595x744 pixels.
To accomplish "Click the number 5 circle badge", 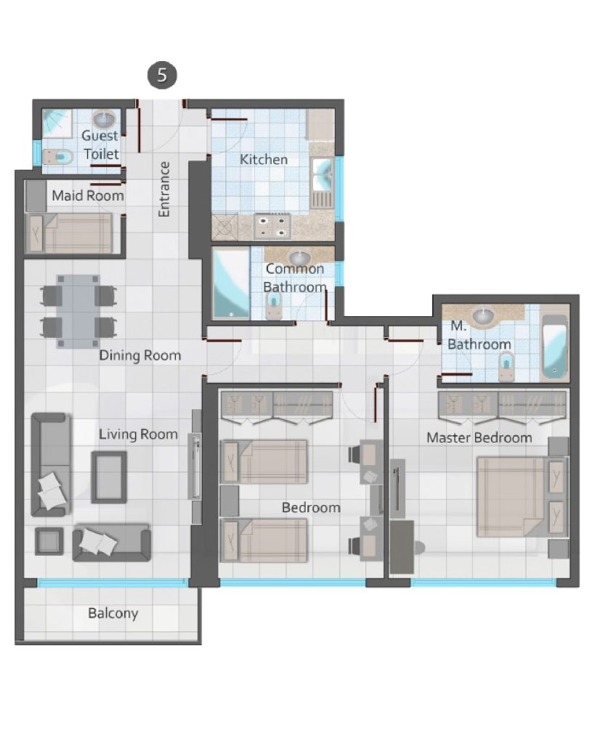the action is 162,75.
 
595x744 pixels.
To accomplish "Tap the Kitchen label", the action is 263,159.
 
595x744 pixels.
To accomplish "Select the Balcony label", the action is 113,613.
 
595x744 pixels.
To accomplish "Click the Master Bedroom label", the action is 479,437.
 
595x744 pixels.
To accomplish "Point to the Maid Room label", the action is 88,195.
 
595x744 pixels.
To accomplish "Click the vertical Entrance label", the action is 163,190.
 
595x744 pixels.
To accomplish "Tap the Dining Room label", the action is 140,355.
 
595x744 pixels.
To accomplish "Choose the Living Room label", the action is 138,434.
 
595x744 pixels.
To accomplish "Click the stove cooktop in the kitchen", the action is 272,227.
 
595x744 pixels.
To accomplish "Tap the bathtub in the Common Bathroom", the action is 231,284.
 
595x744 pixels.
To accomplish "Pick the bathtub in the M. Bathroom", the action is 554,347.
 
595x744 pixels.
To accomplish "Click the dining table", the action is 78,312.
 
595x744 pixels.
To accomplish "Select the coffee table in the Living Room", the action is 109,477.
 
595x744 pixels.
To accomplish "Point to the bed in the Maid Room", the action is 70,233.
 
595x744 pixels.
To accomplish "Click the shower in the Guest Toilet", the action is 57,124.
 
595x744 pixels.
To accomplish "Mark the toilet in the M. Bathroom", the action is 506,366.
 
